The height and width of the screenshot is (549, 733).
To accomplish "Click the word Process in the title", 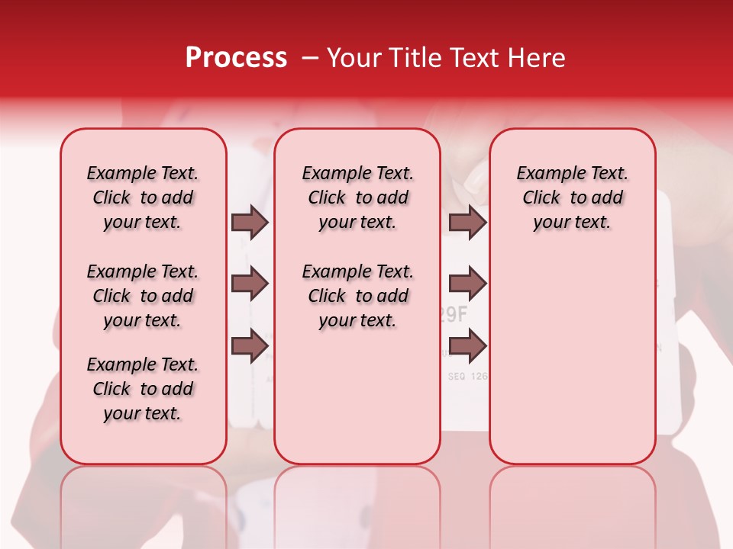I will [x=236, y=59].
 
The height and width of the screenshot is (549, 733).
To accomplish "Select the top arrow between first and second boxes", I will [x=250, y=222].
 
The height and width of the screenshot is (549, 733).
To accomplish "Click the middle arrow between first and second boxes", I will [x=250, y=284].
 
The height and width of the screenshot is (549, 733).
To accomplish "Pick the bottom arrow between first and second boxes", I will [x=250, y=345].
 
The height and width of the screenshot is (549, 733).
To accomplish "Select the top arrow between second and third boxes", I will [x=467, y=222].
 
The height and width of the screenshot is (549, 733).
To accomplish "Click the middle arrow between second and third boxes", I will [x=467, y=284].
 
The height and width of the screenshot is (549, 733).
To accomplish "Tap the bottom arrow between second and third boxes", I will [x=467, y=345].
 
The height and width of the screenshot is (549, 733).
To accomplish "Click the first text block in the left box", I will [x=143, y=197].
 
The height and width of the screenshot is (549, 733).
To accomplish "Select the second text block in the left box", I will [x=143, y=296].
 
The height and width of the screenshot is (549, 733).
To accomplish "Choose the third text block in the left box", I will [x=143, y=389].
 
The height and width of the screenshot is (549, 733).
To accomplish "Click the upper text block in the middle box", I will [x=357, y=197].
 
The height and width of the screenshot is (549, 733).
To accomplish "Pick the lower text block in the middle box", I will [x=357, y=296].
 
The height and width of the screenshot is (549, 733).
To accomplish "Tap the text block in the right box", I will [x=572, y=197].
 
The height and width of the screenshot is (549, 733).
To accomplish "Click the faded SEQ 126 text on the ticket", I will [x=467, y=376].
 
